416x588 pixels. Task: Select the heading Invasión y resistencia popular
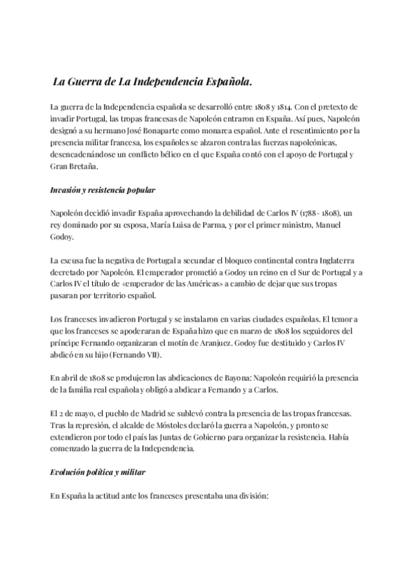click(x=103, y=189)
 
